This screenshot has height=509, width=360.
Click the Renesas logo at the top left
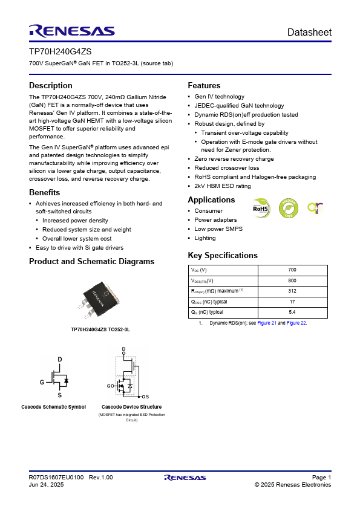pyautogui.click(x=71, y=31)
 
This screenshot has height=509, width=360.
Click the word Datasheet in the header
pyautogui.click(x=309, y=32)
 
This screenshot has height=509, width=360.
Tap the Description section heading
pyautogui.click(x=51, y=86)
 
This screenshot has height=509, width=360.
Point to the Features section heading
pyautogui.click(x=204, y=86)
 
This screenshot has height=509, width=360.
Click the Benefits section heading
pyautogui.click(x=44, y=192)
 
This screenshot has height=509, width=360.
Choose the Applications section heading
pyautogui.click(x=211, y=200)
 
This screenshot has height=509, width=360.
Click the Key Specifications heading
pyautogui.click(x=223, y=255)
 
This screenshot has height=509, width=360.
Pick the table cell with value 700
pyautogui.click(x=292, y=270)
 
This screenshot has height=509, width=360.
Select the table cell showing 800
pyautogui.click(x=292, y=280)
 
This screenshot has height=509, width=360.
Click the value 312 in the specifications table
pyautogui.click(x=292, y=291)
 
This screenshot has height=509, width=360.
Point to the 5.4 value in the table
pyautogui.click(x=292, y=312)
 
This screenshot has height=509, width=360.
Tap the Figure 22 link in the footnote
pyautogui.click(x=296, y=323)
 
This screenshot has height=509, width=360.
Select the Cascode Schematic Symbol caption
pyautogui.click(x=53, y=407)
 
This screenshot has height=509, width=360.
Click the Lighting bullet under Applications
pyautogui.click(x=205, y=238)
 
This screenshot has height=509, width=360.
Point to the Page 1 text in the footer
pyautogui.click(x=321, y=478)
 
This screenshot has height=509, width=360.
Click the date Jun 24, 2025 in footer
pyautogui.click(x=47, y=485)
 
